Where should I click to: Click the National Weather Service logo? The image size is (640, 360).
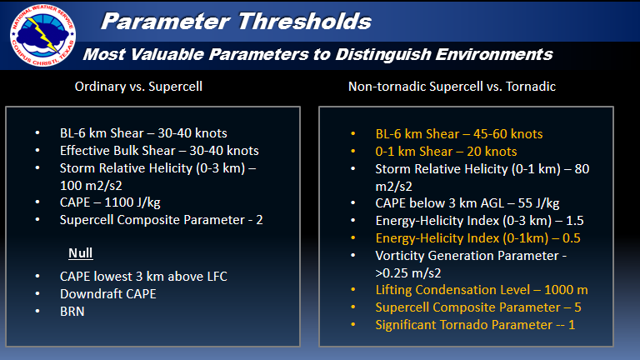pyautogui.click(x=42, y=35)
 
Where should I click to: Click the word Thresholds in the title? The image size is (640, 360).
pyautogui.click(x=304, y=21)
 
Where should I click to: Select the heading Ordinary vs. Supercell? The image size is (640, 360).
pyautogui.click(x=138, y=87)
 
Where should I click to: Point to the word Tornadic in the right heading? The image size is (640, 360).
pyautogui.click(x=531, y=87)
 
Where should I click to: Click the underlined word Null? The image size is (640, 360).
pyautogui.click(x=80, y=253)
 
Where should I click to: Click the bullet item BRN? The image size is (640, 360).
pyautogui.click(x=72, y=312)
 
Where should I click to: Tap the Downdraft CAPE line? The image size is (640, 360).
pyautogui.click(x=108, y=294)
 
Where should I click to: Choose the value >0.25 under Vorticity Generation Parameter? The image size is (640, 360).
pyautogui.click(x=393, y=273)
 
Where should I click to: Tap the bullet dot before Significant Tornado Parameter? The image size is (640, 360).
pyautogui.click(x=353, y=325)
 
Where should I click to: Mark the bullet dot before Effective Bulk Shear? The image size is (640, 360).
pyautogui.click(x=37, y=151)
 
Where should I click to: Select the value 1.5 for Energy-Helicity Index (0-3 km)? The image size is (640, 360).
pyautogui.click(x=575, y=221)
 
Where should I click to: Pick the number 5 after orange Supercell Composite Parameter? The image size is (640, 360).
pyautogui.click(x=578, y=307)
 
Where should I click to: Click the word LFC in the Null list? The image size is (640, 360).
pyautogui.click(x=217, y=277)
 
